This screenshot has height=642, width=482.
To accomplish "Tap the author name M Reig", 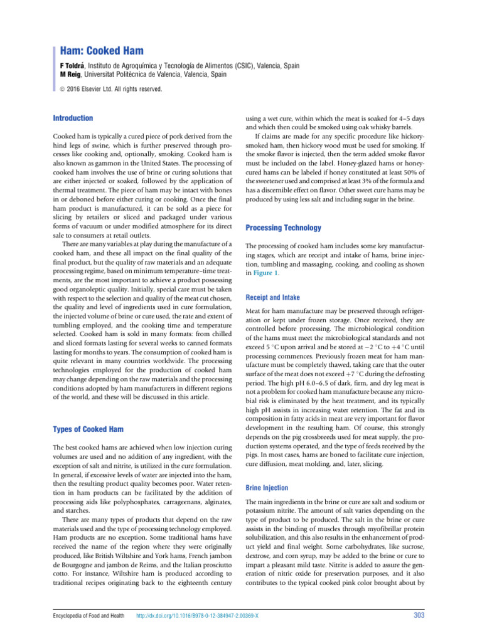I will [x=70, y=74].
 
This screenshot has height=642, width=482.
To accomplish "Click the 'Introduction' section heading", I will [x=73, y=118].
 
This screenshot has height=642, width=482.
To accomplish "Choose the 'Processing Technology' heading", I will [x=283, y=228].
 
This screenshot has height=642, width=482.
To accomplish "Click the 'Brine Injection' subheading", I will [x=267, y=487].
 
